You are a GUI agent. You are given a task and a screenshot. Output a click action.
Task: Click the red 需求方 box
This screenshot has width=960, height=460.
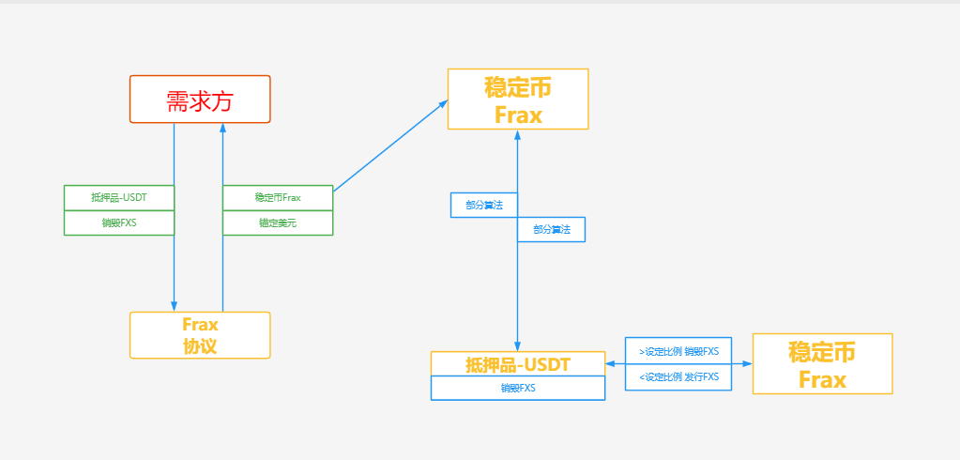point(200,100)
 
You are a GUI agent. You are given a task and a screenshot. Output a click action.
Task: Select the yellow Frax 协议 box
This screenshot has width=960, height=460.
point(200,335)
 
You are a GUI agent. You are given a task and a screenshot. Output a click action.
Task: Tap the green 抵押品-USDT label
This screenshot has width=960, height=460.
point(119,198)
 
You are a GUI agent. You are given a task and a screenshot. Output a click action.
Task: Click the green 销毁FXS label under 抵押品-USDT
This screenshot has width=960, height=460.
point(119,223)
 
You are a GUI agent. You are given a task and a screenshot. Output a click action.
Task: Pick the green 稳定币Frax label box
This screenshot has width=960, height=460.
point(278,198)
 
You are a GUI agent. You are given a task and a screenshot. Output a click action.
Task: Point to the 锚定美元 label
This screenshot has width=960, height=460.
point(278,223)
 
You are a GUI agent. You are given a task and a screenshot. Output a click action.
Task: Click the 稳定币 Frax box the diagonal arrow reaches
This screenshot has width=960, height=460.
point(518,99)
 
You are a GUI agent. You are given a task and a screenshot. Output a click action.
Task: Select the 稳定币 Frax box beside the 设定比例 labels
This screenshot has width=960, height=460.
point(822,363)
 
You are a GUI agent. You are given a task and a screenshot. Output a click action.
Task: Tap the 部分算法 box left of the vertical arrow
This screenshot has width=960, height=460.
point(484,205)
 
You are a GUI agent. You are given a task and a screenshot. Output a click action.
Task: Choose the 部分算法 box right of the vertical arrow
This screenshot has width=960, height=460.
point(552,230)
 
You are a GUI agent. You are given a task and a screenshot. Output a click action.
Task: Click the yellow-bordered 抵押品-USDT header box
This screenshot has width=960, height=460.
point(518,363)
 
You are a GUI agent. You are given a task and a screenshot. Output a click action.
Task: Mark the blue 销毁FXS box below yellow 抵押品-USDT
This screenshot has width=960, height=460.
point(518,388)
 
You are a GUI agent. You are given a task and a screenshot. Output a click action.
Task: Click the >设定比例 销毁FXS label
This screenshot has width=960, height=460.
point(678,351)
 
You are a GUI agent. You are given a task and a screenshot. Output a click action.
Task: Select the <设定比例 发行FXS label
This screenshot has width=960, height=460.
point(678,376)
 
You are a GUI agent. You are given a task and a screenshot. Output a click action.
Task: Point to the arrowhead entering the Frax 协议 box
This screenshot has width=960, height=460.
point(175,306)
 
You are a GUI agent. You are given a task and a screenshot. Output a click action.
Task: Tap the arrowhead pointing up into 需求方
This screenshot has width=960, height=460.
point(222,130)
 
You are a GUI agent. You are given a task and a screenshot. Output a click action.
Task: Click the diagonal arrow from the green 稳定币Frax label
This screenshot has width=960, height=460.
point(389,146)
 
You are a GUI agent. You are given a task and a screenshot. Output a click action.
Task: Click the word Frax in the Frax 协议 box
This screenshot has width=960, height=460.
point(200,325)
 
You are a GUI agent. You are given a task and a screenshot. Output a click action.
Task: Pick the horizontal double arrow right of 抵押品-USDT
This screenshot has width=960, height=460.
point(615,363)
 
